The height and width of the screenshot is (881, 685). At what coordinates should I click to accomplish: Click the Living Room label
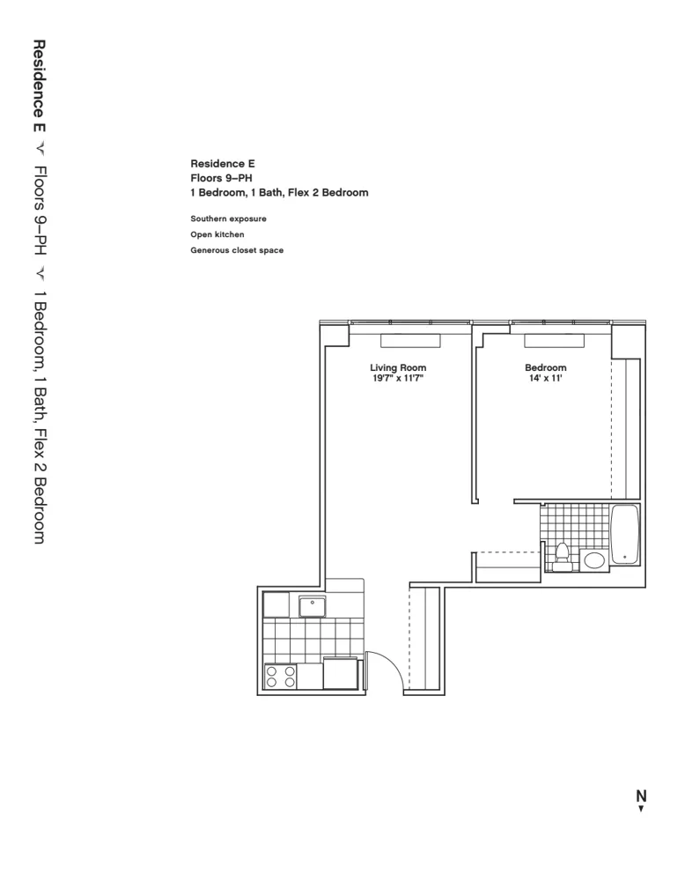pyautogui.click(x=398, y=367)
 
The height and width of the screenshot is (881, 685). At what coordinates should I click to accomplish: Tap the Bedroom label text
pyautogui.click(x=545, y=367)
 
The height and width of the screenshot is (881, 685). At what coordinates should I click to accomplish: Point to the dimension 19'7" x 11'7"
pyautogui.click(x=398, y=379)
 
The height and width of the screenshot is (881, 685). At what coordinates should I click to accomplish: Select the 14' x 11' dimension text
pyautogui.click(x=545, y=379)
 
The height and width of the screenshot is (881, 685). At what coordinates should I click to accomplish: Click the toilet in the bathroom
pyautogui.click(x=563, y=554)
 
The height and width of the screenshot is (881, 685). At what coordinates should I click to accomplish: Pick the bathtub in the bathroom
pyautogui.click(x=624, y=535)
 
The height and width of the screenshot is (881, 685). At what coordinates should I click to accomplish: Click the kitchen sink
pyautogui.click(x=312, y=606)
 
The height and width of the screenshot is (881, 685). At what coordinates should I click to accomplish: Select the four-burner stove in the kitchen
pyautogui.click(x=280, y=676)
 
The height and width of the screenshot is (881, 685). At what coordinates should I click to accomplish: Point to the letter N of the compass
pyautogui.click(x=641, y=796)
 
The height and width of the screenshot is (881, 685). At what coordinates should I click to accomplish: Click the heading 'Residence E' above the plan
pyautogui.click(x=222, y=163)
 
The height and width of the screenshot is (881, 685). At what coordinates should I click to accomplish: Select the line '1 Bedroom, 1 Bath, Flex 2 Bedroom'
pyautogui.click(x=279, y=192)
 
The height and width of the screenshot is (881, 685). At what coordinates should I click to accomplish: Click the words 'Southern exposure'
pyautogui.click(x=228, y=218)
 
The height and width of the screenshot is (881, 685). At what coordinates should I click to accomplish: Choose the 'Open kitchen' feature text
pyautogui.click(x=217, y=234)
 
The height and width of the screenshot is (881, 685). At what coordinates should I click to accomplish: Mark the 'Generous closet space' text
pyautogui.click(x=237, y=250)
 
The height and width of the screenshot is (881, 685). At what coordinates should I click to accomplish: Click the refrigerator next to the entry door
pyautogui.click(x=340, y=674)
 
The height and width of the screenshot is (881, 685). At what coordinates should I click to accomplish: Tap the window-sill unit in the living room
pyautogui.click(x=409, y=340)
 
